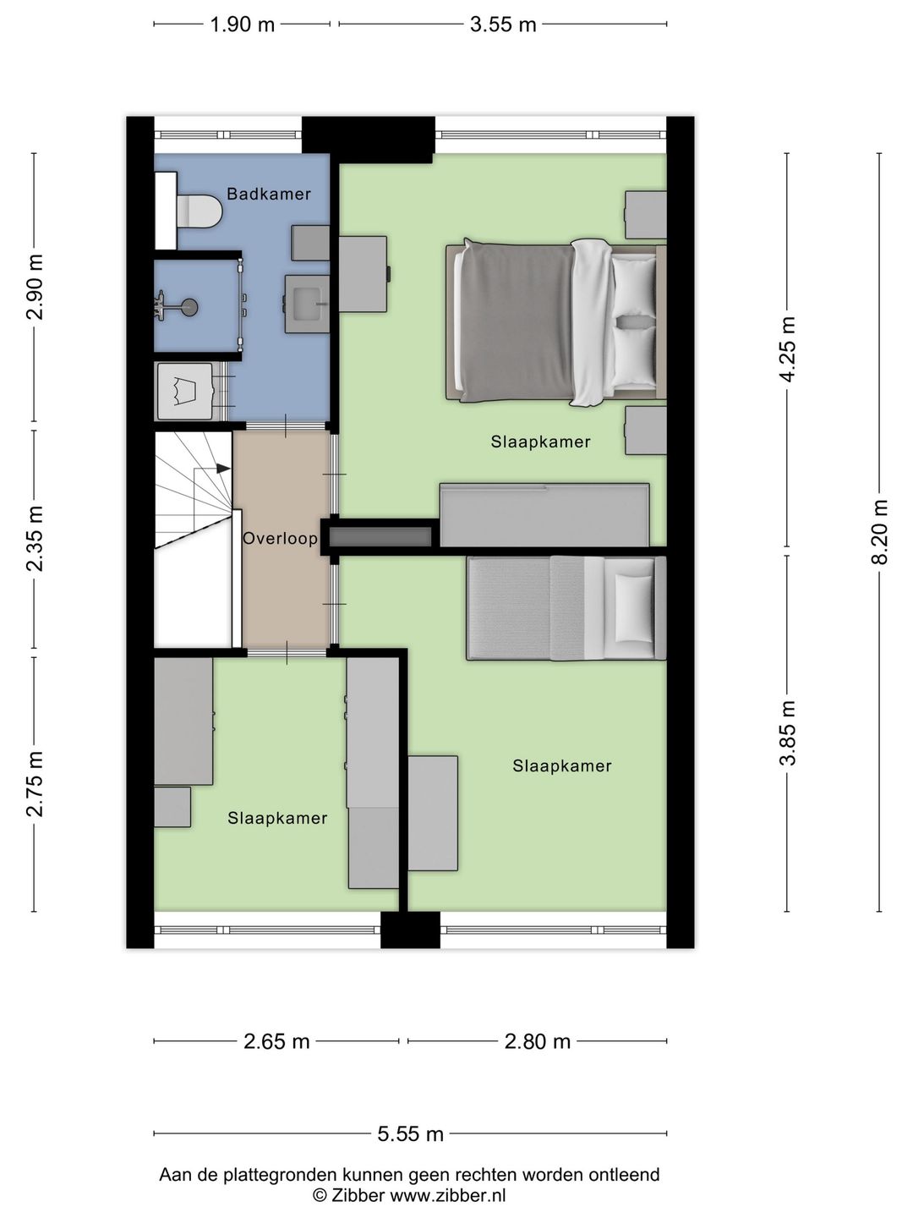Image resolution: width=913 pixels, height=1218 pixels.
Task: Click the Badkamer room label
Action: (269, 194)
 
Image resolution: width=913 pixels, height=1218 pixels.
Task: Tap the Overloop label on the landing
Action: (281, 538)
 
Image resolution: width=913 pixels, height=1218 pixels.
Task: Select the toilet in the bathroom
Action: (199, 211)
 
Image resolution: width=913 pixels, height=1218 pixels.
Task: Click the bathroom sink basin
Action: (307, 304)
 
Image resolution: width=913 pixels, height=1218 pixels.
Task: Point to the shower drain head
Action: (190, 304)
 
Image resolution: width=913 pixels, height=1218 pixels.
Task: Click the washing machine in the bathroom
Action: (184, 392)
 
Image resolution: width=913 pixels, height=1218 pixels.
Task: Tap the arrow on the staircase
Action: (223, 469)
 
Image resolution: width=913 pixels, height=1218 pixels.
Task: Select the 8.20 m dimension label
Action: (880, 532)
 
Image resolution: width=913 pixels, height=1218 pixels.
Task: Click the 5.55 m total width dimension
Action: (410, 1134)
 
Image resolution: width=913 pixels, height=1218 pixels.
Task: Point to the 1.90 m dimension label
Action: (243, 25)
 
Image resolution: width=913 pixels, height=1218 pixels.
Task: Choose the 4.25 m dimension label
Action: (787, 349)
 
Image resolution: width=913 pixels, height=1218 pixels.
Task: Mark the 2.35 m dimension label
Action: (35, 538)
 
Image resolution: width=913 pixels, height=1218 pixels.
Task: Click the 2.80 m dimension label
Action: (537, 1041)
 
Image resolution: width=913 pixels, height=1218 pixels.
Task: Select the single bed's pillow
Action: (634, 608)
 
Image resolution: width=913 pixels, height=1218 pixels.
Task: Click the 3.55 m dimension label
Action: (503, 25)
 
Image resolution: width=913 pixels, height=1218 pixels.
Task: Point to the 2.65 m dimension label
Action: (276, 1041)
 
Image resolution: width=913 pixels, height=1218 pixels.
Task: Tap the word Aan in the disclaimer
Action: (173, 1175)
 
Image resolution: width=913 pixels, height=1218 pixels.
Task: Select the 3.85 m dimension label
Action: (787, 733)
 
